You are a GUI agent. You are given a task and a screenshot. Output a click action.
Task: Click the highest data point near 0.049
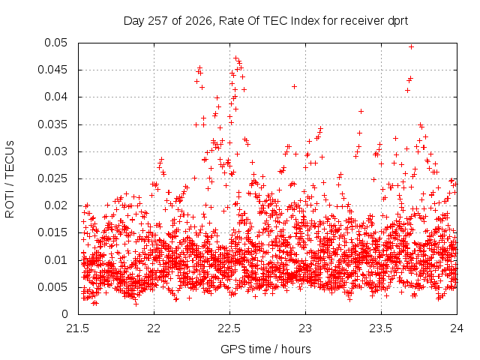click(412, 46)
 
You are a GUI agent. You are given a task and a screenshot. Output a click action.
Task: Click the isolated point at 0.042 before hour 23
click(294, 87)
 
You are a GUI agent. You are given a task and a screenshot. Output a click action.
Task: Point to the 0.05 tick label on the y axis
click(55, 43)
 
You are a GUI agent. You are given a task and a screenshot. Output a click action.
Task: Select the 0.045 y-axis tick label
click(52, 70)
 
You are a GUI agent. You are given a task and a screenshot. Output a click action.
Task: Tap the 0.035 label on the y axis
click(52, 124)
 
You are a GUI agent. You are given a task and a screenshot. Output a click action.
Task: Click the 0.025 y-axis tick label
click(52, 178)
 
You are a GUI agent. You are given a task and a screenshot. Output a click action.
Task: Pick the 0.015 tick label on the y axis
click(52, 232)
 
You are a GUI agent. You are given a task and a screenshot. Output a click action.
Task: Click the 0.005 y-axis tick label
click(52, 287)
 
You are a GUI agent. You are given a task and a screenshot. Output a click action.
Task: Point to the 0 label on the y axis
click(64, 314)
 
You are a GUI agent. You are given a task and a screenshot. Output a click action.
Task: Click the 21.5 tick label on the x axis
click(77, 328)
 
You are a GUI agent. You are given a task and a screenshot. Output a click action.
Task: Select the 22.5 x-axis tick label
click(229, 328)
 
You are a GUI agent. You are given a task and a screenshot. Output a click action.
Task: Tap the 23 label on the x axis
click(305, 328)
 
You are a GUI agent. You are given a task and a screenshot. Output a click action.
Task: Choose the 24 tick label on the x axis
click(457, 328)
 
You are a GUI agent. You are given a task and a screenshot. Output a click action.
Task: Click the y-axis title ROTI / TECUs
click(10, 179)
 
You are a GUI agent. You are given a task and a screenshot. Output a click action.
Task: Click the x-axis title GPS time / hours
click(265, 349)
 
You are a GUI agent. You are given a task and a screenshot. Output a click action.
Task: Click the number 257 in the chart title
click(158, 21)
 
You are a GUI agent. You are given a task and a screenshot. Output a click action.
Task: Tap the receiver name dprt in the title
click(397, 22)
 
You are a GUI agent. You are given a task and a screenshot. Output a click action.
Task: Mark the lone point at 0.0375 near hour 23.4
click(361, 112)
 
